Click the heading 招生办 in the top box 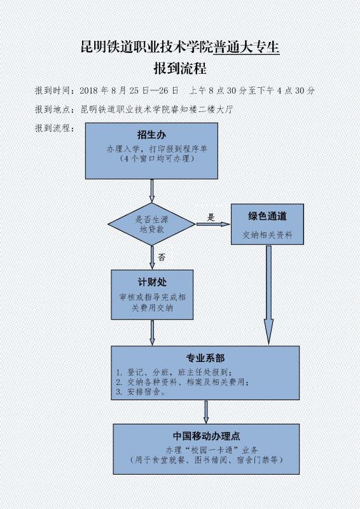point(151,134)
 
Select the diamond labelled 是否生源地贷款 point(151,224)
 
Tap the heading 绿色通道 point(267,216)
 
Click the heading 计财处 point(152,282)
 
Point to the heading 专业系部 point(205,358)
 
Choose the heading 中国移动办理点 point(207,436)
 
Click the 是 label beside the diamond point(211,217)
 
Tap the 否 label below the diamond point(162,258)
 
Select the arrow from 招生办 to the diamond point(151,190)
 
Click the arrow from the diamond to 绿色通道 point(213,224)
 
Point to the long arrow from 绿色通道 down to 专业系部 point(268,295)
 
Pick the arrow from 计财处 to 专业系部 point(152,333)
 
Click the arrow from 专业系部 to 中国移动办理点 point(206,412)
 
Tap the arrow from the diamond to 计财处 point(152,258)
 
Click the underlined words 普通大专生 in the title point(246,46)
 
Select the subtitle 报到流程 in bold point(180,69)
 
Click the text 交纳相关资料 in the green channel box point(268,234)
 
